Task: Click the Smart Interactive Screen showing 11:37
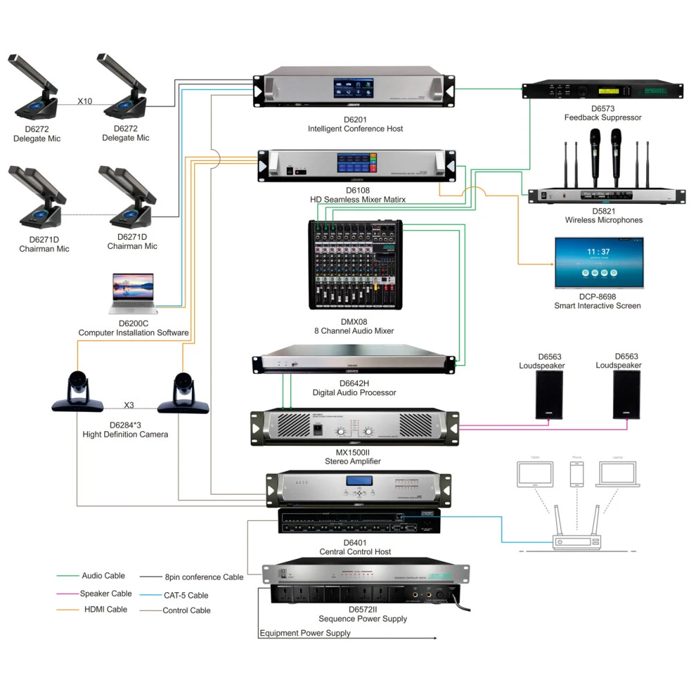(599, 263)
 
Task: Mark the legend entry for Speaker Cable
(106, 594)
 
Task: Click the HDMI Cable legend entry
(106, 609)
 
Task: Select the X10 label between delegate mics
(84, 101)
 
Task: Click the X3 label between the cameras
(129, 406)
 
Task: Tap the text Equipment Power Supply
(305, 633)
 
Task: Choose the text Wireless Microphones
(603, 220)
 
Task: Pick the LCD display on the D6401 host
(360, 482)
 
